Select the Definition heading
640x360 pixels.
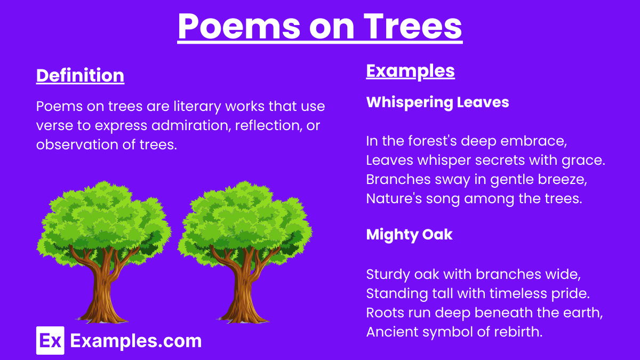coord(80,75)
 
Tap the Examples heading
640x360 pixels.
coord(410,70)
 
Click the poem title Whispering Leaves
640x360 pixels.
coord(437,102)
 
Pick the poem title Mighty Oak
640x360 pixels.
coord(409,234)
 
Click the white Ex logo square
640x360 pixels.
coord(50,340)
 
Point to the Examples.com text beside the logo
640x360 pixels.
coord(135,341)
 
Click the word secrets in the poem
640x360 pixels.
coord(472,161)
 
